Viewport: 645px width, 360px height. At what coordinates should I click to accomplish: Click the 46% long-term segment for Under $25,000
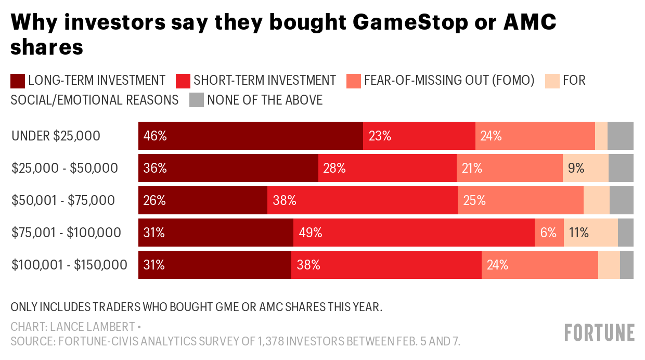pos(250,136)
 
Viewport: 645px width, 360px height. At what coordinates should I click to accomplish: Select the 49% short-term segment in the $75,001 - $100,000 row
pos(414,233)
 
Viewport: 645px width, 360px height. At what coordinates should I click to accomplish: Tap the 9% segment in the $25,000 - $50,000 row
pos(586,168)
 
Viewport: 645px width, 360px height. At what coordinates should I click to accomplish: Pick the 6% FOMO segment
pos(549,233)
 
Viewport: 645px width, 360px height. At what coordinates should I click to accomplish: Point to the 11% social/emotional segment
pos(591,233)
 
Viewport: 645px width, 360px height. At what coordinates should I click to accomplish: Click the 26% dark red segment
pos(203,200)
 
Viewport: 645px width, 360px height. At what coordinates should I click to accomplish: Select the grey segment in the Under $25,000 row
pos(621,136)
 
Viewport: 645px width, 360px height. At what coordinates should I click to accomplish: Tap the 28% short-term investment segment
pos(388,168)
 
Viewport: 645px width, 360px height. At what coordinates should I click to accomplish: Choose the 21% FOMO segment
pos(510,168)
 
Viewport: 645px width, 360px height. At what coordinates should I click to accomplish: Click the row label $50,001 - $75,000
pos(63,200)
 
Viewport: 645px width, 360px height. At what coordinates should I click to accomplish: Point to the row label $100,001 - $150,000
pos(69,265)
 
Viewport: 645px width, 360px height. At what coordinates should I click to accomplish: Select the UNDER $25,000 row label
pos(56,136)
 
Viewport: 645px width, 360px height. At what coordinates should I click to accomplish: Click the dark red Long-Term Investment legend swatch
pos(18,81)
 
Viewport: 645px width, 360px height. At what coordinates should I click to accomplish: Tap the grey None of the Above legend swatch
pos(196,100)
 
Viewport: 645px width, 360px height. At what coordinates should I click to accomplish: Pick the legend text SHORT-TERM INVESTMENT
pos(265,81)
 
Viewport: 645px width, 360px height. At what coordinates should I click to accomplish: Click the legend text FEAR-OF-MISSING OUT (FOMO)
pos(449,81)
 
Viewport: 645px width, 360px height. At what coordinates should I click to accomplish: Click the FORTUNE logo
pos(600,332)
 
